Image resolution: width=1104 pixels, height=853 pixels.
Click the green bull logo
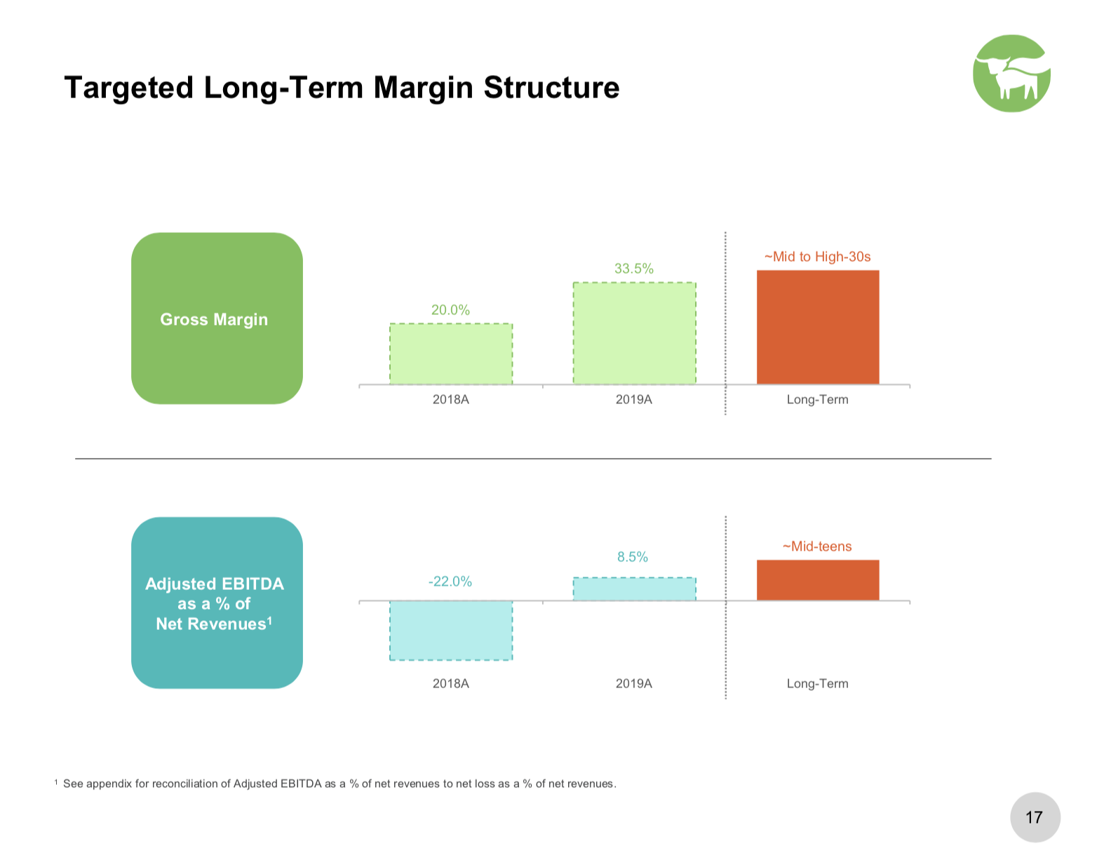(x=1011, y=73)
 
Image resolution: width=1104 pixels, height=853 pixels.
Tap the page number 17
(x=1034, y=817)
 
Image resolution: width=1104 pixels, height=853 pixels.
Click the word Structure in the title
(x=551, y=88)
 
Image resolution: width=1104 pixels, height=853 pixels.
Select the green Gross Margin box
(x=217, y=318)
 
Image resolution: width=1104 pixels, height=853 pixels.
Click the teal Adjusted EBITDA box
(x=217, y=603)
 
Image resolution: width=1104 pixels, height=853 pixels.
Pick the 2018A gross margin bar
(x=451, y=354)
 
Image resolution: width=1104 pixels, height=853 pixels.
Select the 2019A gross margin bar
(x=635, y=333)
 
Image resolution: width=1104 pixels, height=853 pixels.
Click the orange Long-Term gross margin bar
(x=818, y=327)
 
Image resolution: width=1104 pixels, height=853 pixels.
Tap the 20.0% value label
(x=450, y=310)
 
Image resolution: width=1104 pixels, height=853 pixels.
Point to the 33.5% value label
(x=633, y=269)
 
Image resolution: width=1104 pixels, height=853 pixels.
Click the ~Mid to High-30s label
(x=817, y=257)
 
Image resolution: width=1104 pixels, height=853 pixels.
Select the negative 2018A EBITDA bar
(x=451, y=631)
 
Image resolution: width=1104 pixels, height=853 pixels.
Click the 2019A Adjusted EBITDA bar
(x=635, y=589)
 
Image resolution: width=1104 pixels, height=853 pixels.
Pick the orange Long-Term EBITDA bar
(x=818, y=580)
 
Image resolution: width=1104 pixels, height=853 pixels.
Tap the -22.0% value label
(x=450, y=582)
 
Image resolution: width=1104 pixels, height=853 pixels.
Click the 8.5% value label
(x=633, y=557)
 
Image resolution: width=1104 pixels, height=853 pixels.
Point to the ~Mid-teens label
(x=817, y=546)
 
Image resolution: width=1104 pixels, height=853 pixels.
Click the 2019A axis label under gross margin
(x=633, y=399)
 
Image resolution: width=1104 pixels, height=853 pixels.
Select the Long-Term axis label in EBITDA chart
(x=817, y=683)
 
